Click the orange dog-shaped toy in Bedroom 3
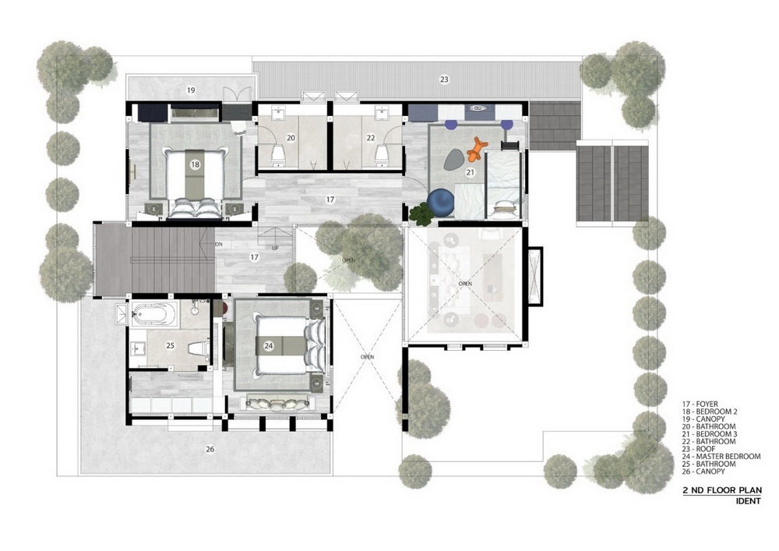point(477,149)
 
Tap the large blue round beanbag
point(441,203)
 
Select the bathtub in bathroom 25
point(154,314)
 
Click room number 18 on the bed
point(195,164)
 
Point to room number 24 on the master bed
point(269,346)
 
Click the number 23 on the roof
point(444,79)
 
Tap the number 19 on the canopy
point(191,90)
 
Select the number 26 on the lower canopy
point(210,449)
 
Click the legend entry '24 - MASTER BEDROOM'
point(721,456)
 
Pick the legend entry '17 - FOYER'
point(700,404)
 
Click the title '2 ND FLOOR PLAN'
point(722,490)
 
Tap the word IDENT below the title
point(748,501)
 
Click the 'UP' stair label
point(275,248)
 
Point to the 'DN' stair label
point(219,245)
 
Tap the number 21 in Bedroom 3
point(470,172)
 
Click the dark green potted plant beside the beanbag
point(421,214)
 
